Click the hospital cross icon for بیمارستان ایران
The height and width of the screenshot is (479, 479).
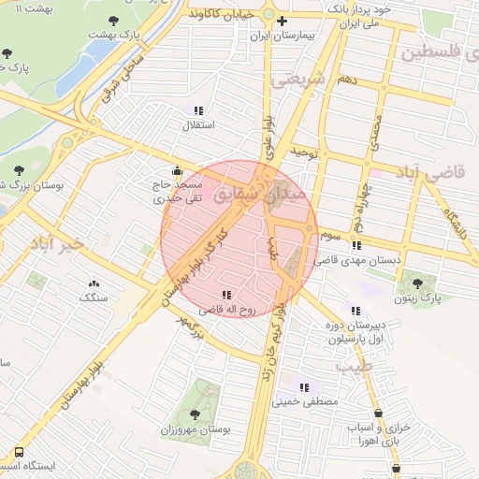pos(282,21)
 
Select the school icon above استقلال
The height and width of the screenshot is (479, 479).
pos(198,110)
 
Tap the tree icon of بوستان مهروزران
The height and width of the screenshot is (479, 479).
pos(195,414)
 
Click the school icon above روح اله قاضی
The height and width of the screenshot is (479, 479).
pos(226,295)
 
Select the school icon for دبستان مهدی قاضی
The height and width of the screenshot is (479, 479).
pos(356,245)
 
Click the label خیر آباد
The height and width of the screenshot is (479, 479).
pos(57,242)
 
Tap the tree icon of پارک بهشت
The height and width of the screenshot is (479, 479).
pos(114,20)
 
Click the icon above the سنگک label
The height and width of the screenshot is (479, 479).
pos(94,283)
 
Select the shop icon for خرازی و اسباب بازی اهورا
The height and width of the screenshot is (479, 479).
pos(377,413)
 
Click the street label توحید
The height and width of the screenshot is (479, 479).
pos(305,151)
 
